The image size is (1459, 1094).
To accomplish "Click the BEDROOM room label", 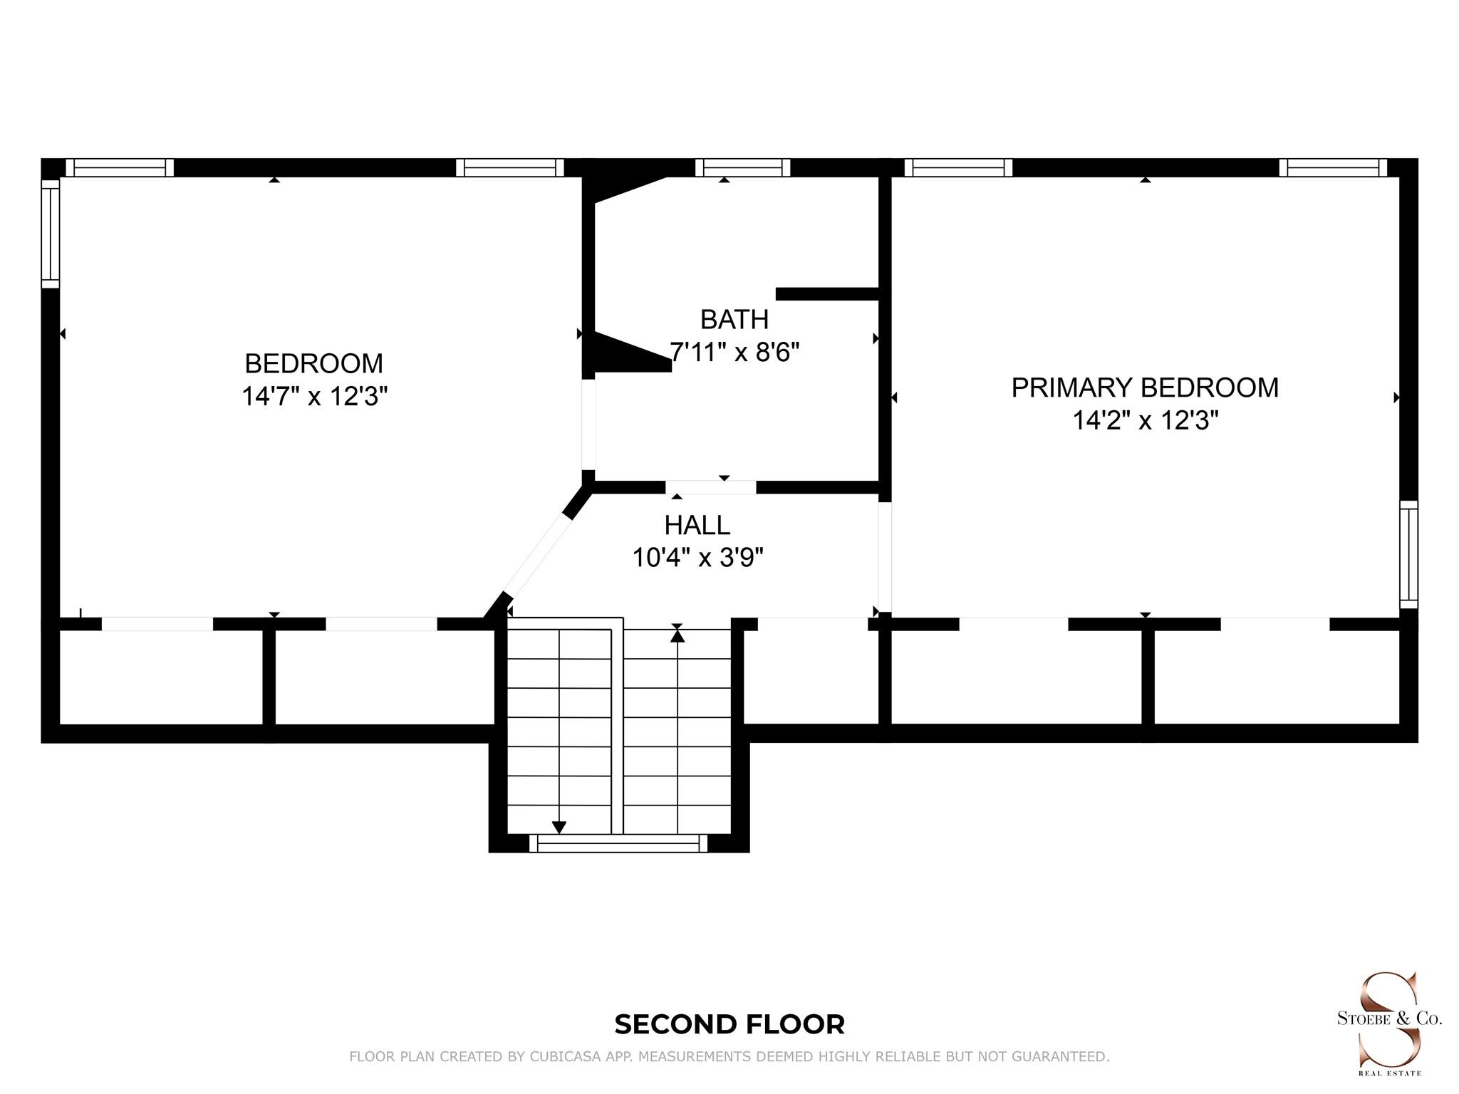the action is (x=313, y=363).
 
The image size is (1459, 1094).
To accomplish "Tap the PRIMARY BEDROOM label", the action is (x=1145, y=387).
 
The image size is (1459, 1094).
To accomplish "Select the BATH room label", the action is (x=734, y=320).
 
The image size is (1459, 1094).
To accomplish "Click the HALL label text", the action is (x=697, y=525).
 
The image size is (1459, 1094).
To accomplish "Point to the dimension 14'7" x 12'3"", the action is (x=314, y=396).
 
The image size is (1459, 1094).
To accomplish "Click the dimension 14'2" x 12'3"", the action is (x=1146, y=420).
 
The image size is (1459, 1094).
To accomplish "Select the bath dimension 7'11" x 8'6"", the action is (x=734, y=352).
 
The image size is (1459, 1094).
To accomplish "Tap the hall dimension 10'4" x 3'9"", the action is (x=697, y=557).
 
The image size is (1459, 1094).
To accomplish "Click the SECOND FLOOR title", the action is (x=729, y=1024).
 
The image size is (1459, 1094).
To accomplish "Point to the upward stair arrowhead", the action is (x=677, y=634).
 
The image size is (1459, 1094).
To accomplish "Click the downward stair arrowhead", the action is (x=559, y=827).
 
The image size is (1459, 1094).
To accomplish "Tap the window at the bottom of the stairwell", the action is (x=618, y=844).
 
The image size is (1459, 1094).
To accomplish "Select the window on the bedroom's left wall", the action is (x=50, y=234).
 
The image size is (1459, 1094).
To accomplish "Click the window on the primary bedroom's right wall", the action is (x=1408, y=554).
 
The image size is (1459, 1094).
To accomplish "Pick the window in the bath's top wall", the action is (x=743, y=167).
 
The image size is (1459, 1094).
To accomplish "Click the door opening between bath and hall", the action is (x=711, y=487).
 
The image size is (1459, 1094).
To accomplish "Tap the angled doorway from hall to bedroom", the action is (x=539, y=556).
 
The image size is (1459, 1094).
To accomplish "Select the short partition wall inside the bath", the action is (x=826, y=293).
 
